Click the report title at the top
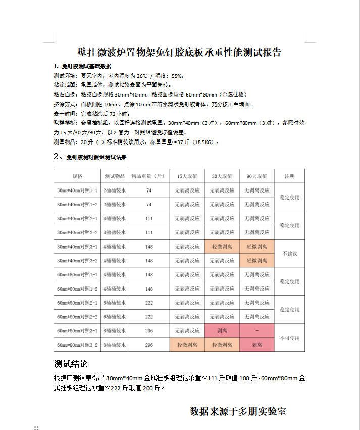(x=180, y=52)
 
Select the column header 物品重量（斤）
(x=148, y=176)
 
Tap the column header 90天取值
(x=256, y=176)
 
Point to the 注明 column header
(x=289, y=176)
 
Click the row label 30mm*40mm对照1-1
(x=77, y=190)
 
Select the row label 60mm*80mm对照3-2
(x=77, y=345)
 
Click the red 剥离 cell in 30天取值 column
(x=222, y=331)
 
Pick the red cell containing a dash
(x=256, y=331)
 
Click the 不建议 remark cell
(x=289, y=254)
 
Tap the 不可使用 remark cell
(x=289, y=338)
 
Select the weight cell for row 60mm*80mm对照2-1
(x=149, y=303)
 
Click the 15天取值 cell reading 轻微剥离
(x=187, y=345)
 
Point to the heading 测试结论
(x=71, y=364)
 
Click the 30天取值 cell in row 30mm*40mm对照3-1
(x=222, y=247)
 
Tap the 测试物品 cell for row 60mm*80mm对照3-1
(x=115, y=331)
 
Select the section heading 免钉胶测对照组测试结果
(x=96, y=157)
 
